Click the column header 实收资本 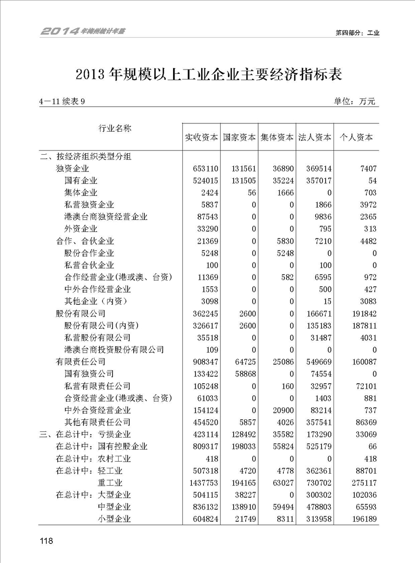201,138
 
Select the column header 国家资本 239,138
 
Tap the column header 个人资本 356,138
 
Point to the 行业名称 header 114,129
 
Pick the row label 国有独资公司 89,374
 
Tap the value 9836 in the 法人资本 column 321,217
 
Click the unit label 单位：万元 354,101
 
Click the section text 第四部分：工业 358,32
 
